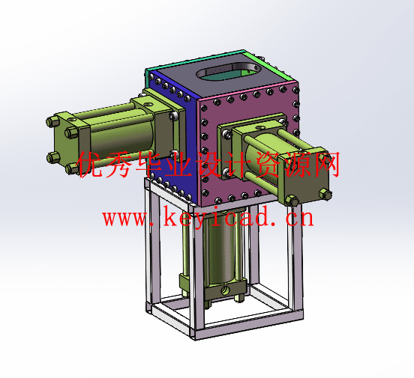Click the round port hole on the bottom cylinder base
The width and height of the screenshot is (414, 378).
click(225, 290)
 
